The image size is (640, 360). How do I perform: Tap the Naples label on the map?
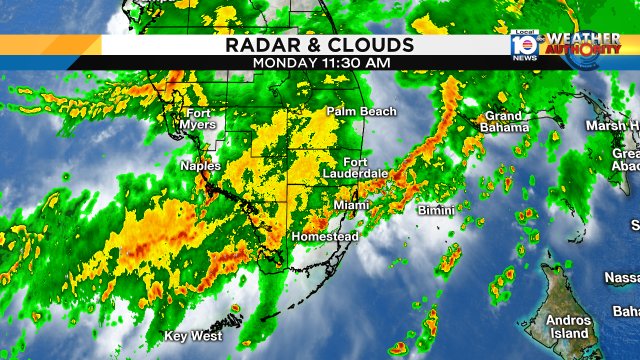[x=200, y=166]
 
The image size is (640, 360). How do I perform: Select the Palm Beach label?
[x=361, y=111]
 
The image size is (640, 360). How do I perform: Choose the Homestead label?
[x=323, y=237]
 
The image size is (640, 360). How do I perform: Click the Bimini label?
[x=436, y=211]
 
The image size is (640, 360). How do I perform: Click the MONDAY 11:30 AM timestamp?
[x=320, y=62]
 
